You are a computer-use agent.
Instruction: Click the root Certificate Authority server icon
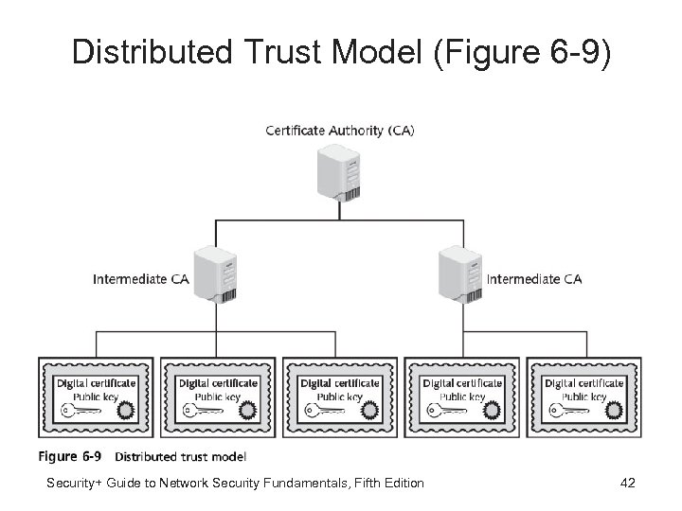tap(339, 173)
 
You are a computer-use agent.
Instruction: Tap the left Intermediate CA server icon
tap(216, 273)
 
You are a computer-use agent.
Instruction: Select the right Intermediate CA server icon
tap(460, 273)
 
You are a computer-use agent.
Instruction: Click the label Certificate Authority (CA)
tap(340, 131)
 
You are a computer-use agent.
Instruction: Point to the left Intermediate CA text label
tap(141, 279)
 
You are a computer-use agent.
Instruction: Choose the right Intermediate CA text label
tap(534, 279)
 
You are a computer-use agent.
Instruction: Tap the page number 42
tap(628, 483)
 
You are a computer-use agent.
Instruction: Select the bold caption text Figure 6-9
tap(69, 457)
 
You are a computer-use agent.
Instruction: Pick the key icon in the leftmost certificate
tap(81, 411)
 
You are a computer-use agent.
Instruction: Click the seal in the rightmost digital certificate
tap(614, 410)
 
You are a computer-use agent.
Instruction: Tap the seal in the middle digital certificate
tap(369, 410)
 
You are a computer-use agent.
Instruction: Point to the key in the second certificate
tap(203, 411)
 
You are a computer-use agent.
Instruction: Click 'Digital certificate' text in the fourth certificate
tap(462, 383)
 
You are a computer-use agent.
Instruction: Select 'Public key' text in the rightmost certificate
tap(583, 396)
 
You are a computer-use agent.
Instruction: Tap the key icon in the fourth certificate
tap(447, 411)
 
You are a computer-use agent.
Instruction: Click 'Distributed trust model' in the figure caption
tap(181, 457)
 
